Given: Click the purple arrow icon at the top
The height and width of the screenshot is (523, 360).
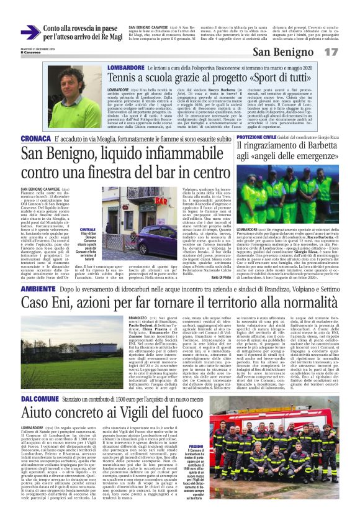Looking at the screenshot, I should (30, 32).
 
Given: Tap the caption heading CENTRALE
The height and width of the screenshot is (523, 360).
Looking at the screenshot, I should (88, 229).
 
